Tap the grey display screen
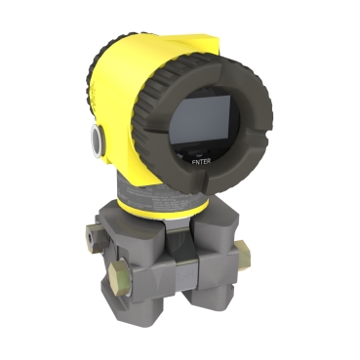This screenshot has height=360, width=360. tap(201, 121)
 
